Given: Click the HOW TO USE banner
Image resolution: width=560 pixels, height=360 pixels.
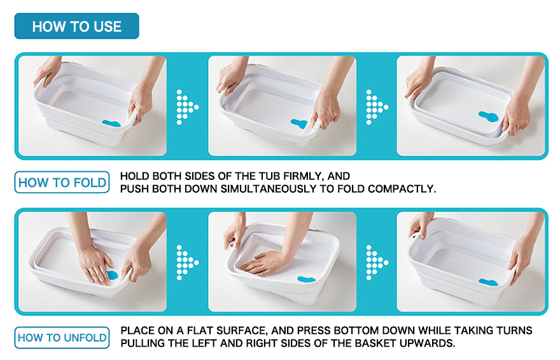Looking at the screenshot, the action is [x=76, y=26].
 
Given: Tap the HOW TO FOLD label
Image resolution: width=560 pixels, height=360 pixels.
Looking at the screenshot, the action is [x=62, y=183].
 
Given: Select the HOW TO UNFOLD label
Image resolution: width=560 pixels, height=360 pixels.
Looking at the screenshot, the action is [x=62, y=338].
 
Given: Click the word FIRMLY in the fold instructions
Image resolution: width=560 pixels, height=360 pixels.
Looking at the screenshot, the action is [x=303, y=176].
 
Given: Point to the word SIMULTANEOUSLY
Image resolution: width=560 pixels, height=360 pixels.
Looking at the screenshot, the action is [x=269, y=189].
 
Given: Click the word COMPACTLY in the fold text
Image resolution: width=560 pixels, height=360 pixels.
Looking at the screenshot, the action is [x=402, y=189].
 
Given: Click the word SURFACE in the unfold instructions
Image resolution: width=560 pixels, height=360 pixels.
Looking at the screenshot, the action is [x=241, y=331].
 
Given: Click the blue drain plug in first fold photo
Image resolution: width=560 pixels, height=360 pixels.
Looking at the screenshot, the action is [x=111, y=123].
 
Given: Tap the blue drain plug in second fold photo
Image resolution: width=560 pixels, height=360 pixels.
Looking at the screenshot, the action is [x=299, y=123].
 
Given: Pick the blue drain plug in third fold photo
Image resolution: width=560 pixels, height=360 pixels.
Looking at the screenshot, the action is [x=488, y=116].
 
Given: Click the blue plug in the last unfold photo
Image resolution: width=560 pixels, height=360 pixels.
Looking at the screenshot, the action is [x=488, y=282].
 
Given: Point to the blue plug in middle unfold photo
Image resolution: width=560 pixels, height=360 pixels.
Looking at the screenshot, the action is [x=306, y=279].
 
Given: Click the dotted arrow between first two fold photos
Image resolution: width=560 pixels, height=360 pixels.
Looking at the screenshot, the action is [x=187, y=107].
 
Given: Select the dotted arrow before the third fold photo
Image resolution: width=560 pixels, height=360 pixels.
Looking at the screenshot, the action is [x=377, y=107].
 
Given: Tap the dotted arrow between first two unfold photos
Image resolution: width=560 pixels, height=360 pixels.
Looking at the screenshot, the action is [x=187, y=263].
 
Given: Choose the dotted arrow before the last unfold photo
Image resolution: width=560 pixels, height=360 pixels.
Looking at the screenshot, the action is [x=377, y=263].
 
